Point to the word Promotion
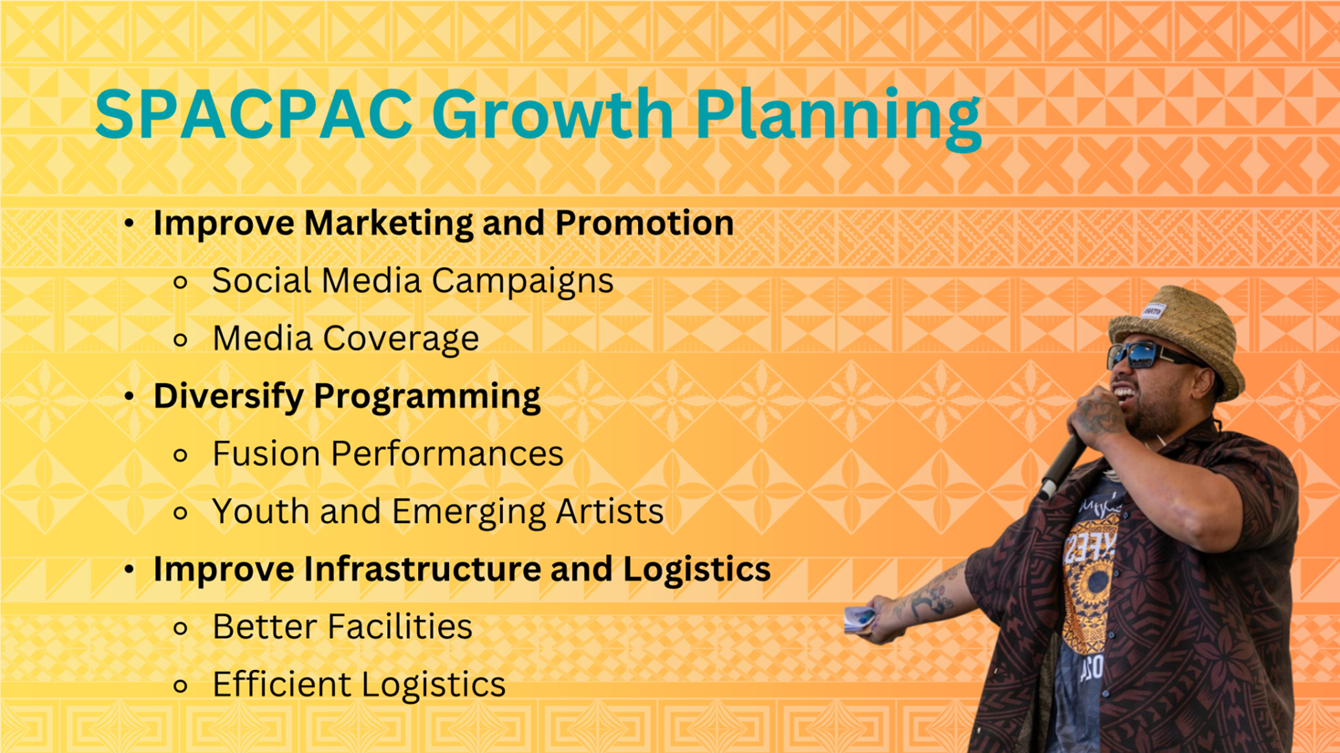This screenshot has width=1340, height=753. [x=644, y=223]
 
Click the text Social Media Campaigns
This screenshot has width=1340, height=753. [x=413, y=281]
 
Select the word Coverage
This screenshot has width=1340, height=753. [x=401, y=340]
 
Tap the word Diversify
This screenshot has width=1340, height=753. [x=228, y=396]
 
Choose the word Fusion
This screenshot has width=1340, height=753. [x=266, y=454]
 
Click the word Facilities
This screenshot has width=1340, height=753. [x=400, y=626]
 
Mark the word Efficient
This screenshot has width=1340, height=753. [x=282, y=685]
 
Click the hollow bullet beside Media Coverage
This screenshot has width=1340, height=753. [x=180, y=340]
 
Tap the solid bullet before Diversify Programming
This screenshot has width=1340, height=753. [x=129, y=396]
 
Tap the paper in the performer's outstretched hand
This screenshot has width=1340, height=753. [x=860, y=620]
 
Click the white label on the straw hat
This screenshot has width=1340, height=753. [x=1153, y=311]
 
